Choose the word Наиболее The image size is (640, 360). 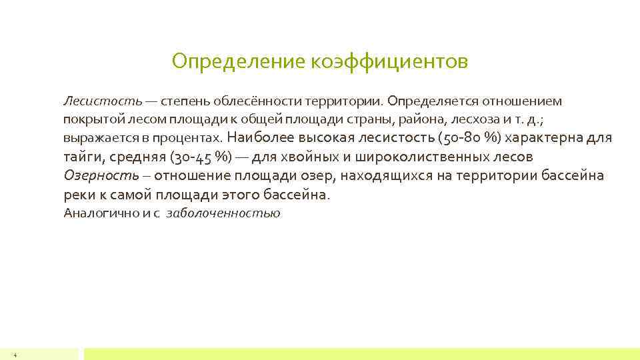pyautogui.click(x=257, y=138)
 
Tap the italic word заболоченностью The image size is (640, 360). pyautogui.click(x=223, y=213)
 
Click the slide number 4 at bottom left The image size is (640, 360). pyautogui.click(x=15, y=355)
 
